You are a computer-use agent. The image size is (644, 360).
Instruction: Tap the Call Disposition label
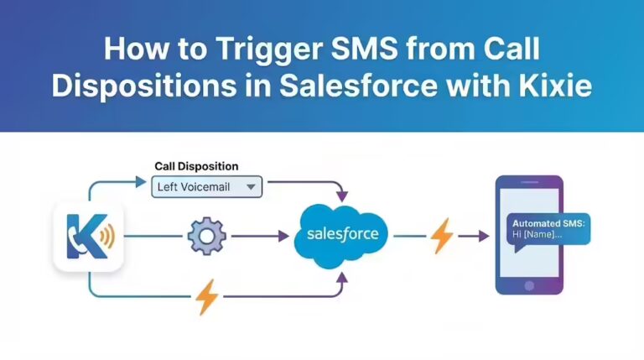[x=196, y=166]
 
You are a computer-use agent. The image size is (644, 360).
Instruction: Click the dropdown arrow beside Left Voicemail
[x=250, y=187]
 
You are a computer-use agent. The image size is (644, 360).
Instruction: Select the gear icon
[x=206, y=237]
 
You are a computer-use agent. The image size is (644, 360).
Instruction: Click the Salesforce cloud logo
[x=341, y=234]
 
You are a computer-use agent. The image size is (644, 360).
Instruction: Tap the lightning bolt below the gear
[x=206, y=295]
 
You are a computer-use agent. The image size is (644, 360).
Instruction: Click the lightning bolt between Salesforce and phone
[x=442, y=236]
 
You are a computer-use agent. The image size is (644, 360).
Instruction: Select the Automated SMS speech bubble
[x=550, y=229]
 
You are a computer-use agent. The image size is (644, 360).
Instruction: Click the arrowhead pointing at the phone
[x=484, y=237]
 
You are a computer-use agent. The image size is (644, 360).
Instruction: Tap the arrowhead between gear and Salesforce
[x=283, y=237]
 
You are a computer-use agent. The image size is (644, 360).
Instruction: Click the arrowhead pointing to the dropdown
[x=143, y=179]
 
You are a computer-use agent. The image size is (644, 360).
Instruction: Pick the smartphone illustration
[x=527, y=235]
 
